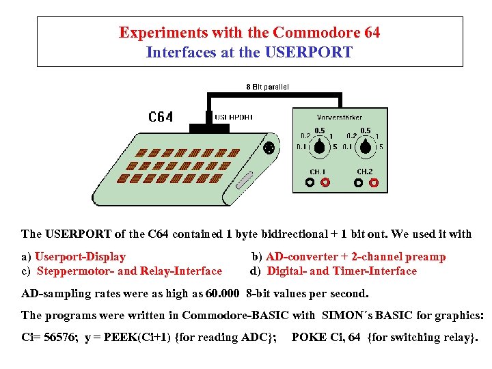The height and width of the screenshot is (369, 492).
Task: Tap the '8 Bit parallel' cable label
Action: point(267,87)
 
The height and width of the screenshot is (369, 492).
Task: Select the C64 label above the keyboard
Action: point(161,117)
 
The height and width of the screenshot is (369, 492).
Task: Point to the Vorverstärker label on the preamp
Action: point(339,118)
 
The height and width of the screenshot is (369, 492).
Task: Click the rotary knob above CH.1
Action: point(319,146)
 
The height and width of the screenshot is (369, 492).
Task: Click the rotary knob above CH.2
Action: point(366,146)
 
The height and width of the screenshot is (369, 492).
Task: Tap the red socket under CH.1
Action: point(325,182)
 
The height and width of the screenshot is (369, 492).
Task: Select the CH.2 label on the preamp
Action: point(366,171)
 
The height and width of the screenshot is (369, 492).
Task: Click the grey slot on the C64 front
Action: point(245,182)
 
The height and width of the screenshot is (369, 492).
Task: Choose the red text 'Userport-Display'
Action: point(81,257)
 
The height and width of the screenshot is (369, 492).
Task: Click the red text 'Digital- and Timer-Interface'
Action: point(342,271)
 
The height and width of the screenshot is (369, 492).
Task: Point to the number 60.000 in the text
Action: point(222,293)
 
